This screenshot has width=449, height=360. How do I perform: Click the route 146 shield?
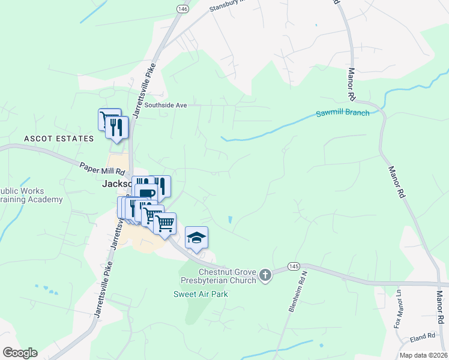[181, 9]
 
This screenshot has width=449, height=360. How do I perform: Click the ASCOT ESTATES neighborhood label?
[59, 139]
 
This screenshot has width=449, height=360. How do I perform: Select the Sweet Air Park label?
[200, 294]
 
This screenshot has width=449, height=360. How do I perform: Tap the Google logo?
[19, 353]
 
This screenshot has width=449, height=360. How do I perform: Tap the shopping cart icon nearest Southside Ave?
[109, 119]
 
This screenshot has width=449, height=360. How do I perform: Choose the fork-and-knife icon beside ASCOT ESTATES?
[117, 127]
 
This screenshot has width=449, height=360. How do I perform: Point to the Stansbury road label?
[228, 5]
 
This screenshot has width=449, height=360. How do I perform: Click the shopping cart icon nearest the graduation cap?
[165, 224]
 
